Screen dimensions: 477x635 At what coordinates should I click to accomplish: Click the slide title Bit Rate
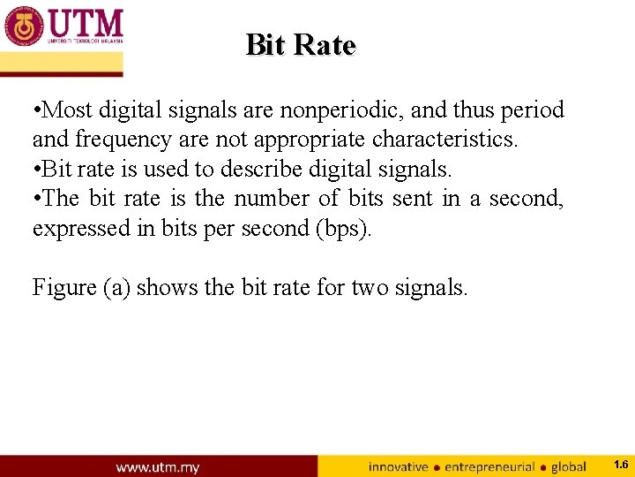[300, 44]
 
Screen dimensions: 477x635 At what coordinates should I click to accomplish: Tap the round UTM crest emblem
[24, 25]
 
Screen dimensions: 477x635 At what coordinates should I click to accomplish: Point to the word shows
[167, 287]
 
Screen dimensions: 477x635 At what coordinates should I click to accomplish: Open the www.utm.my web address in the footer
[157, 466]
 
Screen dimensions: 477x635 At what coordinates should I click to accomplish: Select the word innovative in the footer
[398, 466]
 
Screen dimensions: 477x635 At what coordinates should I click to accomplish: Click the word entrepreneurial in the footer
[489, 466]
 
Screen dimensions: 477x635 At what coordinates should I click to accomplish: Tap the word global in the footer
[568, 466]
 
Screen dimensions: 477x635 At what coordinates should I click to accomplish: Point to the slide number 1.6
[620, 465]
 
